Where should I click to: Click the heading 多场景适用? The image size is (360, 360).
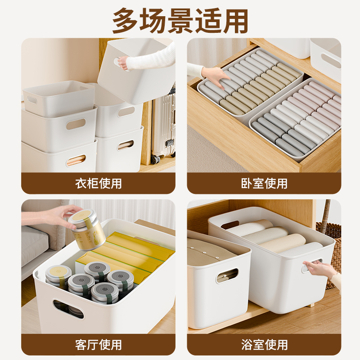click(180, 20)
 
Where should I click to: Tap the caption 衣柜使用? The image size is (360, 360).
click(98, 184)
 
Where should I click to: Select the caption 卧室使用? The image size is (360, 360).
click(264, 184)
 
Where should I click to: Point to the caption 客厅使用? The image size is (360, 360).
click(98, 345)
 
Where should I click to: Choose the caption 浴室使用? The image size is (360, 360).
click(264, 345)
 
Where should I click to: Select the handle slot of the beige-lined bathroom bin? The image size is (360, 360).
click(227, 275)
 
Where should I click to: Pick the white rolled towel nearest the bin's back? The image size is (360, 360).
click(250, 226)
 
